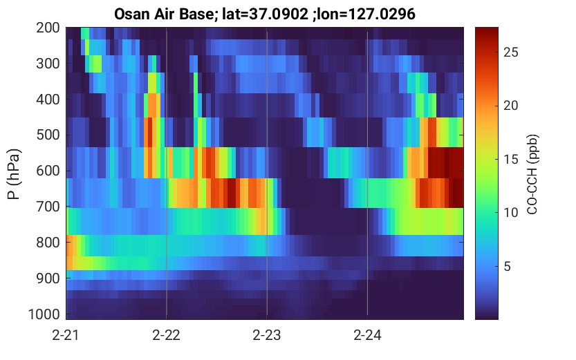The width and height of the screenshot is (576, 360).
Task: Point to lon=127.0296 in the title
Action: coord(367,15)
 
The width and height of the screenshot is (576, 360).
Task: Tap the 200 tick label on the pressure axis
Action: coord(48,28)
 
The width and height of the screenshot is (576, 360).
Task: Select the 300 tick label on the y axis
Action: coord(48,64)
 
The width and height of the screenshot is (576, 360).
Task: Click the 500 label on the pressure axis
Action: coord(48,135)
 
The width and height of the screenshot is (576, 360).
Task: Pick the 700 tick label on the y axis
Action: coord(48,207)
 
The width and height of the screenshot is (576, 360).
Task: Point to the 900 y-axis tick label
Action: coord(48,278)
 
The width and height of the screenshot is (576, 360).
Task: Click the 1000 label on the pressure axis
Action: coord(44,314)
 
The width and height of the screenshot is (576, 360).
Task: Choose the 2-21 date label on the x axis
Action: coord(66,335)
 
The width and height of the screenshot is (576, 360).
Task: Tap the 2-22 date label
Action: coord(167,335)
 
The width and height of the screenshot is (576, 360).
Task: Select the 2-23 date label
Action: coord(267,335)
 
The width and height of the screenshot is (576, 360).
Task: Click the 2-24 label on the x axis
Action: coord(367,335)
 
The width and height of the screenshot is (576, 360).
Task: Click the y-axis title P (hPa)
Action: coord(14,174)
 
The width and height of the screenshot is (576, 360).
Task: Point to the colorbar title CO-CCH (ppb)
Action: coord(532,174)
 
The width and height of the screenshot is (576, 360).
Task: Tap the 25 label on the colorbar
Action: coord(511,53)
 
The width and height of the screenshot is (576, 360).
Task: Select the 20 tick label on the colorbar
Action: coord(511,106)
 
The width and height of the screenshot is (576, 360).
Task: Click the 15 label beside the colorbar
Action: coord(511,159)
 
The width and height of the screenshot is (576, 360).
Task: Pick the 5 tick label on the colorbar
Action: coord(508,267)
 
